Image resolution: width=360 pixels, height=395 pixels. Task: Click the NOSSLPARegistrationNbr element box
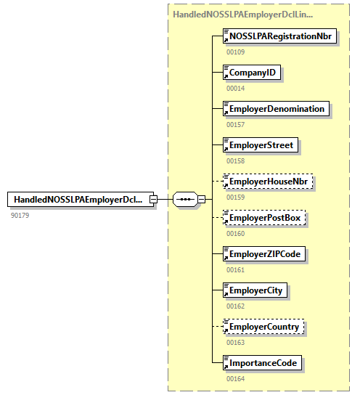point(280,36)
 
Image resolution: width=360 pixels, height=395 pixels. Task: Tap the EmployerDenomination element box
point(277,109)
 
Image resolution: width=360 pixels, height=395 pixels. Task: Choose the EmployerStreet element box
point(261,145)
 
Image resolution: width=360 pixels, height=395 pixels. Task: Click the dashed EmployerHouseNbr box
point(266,182)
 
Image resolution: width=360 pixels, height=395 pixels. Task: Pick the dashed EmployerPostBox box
point(264,218)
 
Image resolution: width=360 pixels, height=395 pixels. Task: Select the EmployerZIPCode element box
point(265,254)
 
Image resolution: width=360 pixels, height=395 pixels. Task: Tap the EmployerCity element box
point(256,290)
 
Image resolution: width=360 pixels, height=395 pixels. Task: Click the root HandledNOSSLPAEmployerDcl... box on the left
point(78,200)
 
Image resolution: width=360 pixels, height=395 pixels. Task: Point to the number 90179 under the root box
point(20,215)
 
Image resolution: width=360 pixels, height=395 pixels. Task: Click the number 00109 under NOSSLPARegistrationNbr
point(236,52)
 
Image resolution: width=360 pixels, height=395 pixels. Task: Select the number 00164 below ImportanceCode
point(236,378)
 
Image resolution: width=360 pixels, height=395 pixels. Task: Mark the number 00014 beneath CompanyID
point(236,88)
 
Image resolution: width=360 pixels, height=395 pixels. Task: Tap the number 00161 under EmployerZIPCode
point(236,269)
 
